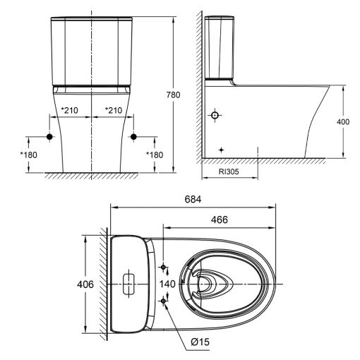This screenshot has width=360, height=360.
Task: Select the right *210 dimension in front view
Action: [x=113, y=109]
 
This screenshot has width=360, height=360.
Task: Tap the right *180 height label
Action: [x=155, y=155]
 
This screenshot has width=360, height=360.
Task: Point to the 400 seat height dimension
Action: [x=344, y=122]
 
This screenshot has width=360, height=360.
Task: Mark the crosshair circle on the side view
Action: [x=216, y=114]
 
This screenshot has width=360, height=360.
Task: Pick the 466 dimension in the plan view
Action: [x=220, y=220]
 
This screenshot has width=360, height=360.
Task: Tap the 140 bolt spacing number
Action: [x=167, y=284]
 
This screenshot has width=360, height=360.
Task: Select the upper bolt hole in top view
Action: [x=164, y=268]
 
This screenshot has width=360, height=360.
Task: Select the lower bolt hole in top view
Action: [x=164, y=301]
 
